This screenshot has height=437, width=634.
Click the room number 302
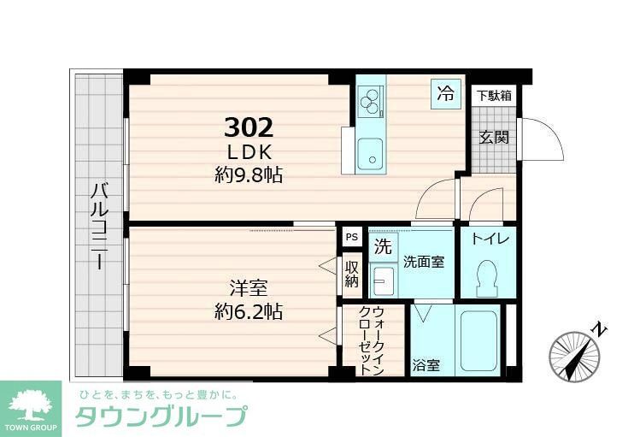coord(249,128)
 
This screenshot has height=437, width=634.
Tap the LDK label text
coord(249,152)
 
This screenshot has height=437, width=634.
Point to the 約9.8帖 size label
coord(249,175)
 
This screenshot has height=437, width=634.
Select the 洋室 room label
coord(248,286)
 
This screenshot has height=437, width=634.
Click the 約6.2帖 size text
coord(248,310)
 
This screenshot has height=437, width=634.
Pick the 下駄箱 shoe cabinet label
coord(494,96)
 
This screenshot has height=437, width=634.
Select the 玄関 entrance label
coord(493,137)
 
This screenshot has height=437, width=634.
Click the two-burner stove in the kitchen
coord(371,103)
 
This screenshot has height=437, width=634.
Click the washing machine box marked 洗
coord(383,247)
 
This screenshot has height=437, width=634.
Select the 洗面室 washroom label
coord(424,263)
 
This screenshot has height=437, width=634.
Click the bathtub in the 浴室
coord(477,342)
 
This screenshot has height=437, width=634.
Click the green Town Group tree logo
coord(31,404)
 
